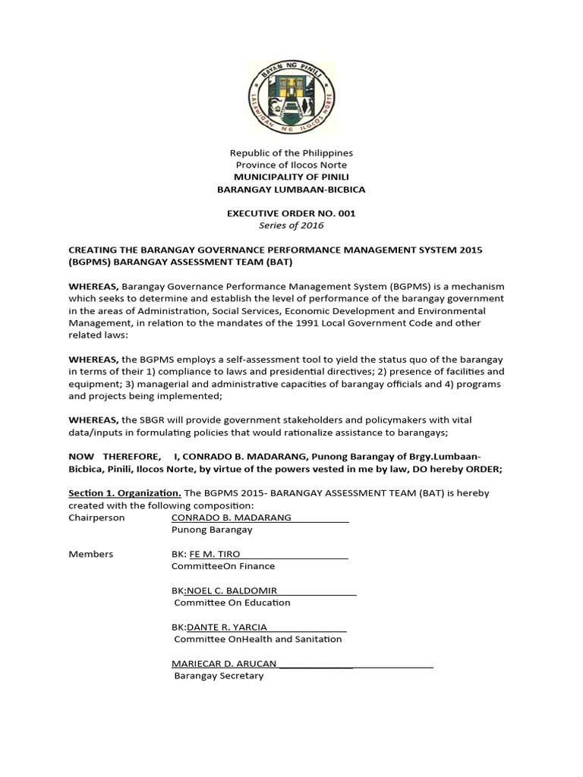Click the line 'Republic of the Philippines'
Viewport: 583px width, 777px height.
coord(291,153)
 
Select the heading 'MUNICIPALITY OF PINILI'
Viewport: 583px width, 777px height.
coord(291,178)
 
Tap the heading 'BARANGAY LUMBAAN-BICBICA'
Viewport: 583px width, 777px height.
coord(291,189)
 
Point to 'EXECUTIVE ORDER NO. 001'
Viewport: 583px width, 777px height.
coord(291,214)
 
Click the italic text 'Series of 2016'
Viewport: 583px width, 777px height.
coord(291,225)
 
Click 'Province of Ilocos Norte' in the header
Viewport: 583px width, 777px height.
coord(291,165)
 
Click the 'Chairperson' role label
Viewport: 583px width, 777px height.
coord(96,517)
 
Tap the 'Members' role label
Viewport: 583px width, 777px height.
coord(91,554)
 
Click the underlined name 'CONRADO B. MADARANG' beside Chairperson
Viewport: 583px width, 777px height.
coord(232,517)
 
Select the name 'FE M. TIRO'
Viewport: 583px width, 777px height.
coord(215,554)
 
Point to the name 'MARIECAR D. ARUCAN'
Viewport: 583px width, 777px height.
coord(224,663)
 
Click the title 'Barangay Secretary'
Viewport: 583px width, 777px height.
coord(219,675)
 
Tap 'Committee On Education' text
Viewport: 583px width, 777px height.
coord(232,602)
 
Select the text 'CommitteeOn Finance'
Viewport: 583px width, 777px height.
coord(223,566)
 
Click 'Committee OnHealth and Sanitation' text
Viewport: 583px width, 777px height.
coord(257,639)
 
